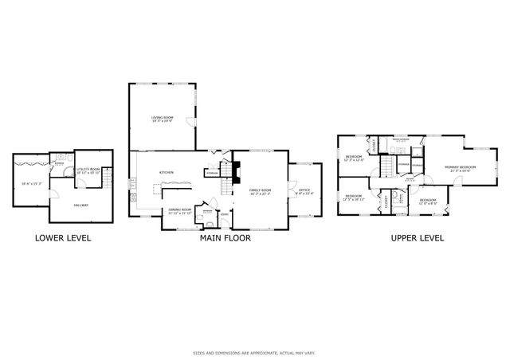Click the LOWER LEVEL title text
(62, 237)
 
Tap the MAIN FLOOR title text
(224, 237)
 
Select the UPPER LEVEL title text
(417, 237)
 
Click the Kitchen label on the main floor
(167, 173)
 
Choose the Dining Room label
(179, 211)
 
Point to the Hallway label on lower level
(81, 205)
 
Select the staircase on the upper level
(387, 165)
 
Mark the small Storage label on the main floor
(213, 172)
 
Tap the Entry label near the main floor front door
(226, 213)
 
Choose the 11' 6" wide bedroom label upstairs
(427, 200)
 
